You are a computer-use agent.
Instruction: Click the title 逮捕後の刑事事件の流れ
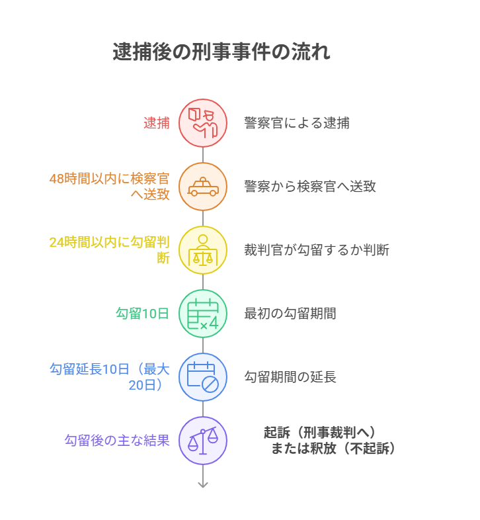coord(221,52)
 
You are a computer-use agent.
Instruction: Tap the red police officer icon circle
coord(203,123)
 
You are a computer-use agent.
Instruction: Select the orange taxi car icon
coord(203,187)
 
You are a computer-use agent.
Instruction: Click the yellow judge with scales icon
coord(203,250)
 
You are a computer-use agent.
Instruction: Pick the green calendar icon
coord(203,314)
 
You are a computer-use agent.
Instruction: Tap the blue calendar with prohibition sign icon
coord(203,377)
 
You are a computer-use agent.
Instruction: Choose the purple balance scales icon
coord(203,441)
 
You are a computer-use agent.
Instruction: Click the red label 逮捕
coord(157,123)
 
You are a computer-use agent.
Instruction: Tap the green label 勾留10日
coord(143,314)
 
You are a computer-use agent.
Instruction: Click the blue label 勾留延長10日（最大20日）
coord(110,377)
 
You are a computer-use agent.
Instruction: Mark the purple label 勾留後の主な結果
coord(117,441)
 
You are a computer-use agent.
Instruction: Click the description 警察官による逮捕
coord(297,123)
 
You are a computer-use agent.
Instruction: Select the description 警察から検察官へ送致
coord(310,187)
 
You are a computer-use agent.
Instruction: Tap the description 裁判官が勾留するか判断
coord(317,250)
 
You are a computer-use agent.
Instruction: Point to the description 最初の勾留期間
coord(290,314)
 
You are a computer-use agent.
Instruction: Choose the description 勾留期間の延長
coord(290,377)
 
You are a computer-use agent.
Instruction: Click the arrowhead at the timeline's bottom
coord(203,484)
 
